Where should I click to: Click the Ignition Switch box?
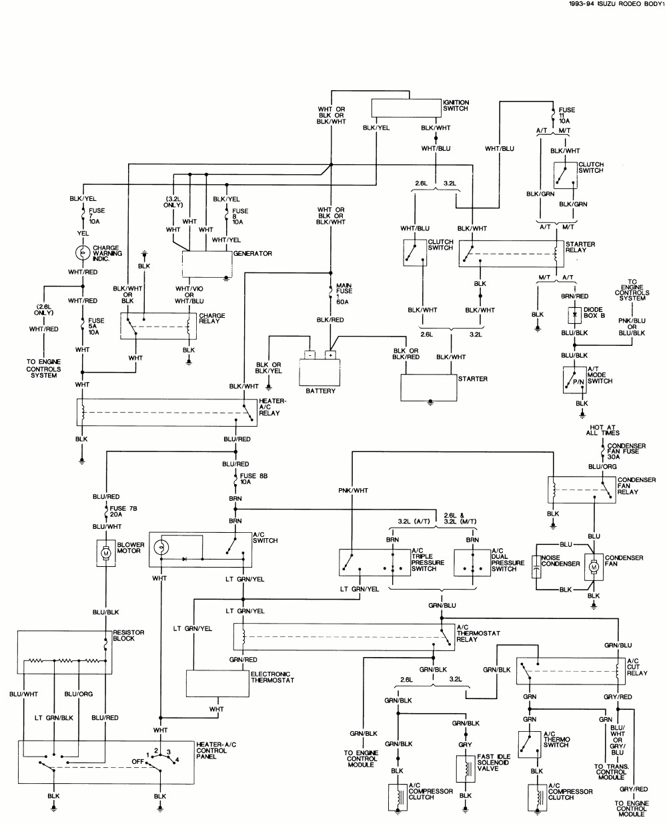tap(406, 108)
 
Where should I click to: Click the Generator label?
tap(252, 254)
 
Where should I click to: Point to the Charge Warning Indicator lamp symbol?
tap(82, 252)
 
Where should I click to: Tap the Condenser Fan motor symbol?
tap(593, 566)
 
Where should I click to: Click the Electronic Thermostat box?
tap(217, 683)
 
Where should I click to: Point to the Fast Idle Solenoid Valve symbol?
tap(465, 769)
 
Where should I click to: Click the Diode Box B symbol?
tap(574, 314)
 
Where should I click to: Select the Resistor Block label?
tap(128, 636)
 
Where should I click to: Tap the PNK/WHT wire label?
tap(353, 491)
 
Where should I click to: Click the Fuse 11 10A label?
tap(566, 116)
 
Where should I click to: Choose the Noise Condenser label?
tap(560, 561)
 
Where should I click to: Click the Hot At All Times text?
tap(602, 430)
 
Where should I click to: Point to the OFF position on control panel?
tap(138, 761)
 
